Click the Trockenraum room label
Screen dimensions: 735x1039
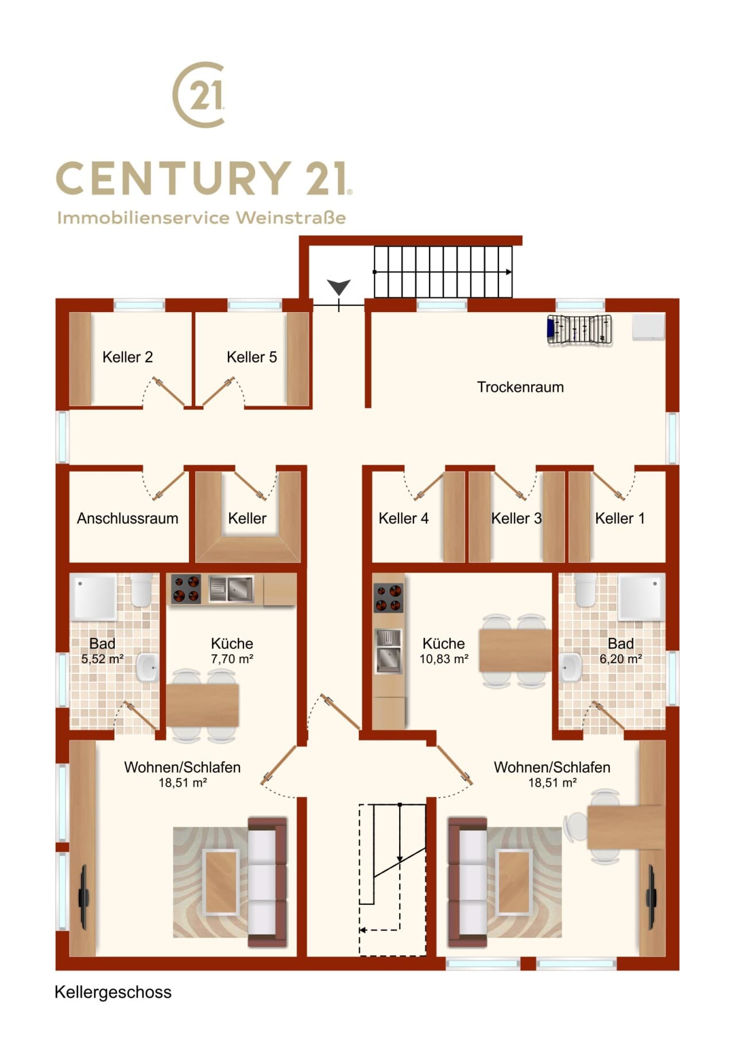[520, 387]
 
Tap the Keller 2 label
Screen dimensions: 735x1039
[127, 357]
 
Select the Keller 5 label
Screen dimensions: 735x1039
[252, 357]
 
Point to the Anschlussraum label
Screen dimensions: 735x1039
[127, 519]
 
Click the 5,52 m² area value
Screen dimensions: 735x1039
[102, 659]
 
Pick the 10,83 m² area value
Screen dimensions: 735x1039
[443, 659]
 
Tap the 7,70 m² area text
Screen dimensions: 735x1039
[232, 659]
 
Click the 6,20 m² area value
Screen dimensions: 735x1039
[621, 659]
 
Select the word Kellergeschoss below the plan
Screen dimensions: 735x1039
[113, 993]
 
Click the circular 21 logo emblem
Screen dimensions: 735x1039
[199, 95]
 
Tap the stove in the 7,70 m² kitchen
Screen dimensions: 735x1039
[186, 589]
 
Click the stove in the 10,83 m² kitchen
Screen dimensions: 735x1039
[389, 598]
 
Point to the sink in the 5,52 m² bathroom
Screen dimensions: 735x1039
[147, 667]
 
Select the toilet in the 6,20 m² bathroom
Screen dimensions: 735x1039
[585, 590]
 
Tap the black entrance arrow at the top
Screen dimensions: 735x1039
[339, 287]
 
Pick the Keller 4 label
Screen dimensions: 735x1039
[404, 519]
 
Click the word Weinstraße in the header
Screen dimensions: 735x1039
[291, 218]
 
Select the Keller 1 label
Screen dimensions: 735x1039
[620, 519]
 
